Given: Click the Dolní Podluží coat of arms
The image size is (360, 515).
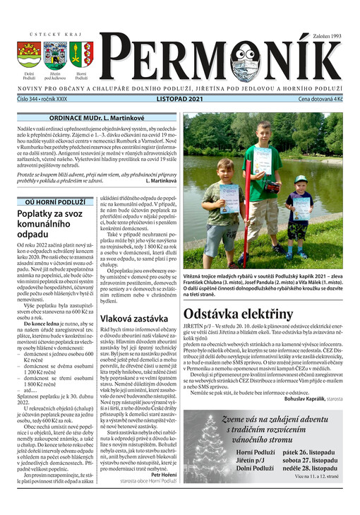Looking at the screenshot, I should [x=29, y=54].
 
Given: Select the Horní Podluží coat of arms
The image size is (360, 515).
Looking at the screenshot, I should [x=80, y=54].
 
